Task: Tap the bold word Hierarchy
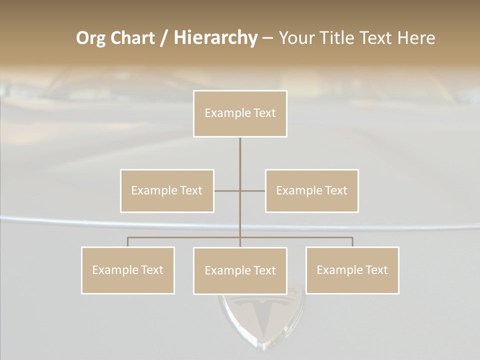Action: click(x=215, y=38)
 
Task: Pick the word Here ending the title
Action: click(x=416, y=38)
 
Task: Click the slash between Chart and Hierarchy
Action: click(x=164, y=38)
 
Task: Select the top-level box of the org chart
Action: click(x=240, y=113)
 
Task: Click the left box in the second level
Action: click(x=167, y=190)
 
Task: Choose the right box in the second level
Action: click(x=311, y=190)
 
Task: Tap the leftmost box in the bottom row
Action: click(x=127, y=270)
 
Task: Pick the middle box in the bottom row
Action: click(x=240, y=270)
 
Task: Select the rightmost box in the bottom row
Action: click(x=352, y=270)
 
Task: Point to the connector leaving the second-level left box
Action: click(x=226, y=190)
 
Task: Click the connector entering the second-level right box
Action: click(x=253, y=190)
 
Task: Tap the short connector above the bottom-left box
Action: click(x=127, y=242)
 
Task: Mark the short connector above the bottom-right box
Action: click(x=352, y=242)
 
